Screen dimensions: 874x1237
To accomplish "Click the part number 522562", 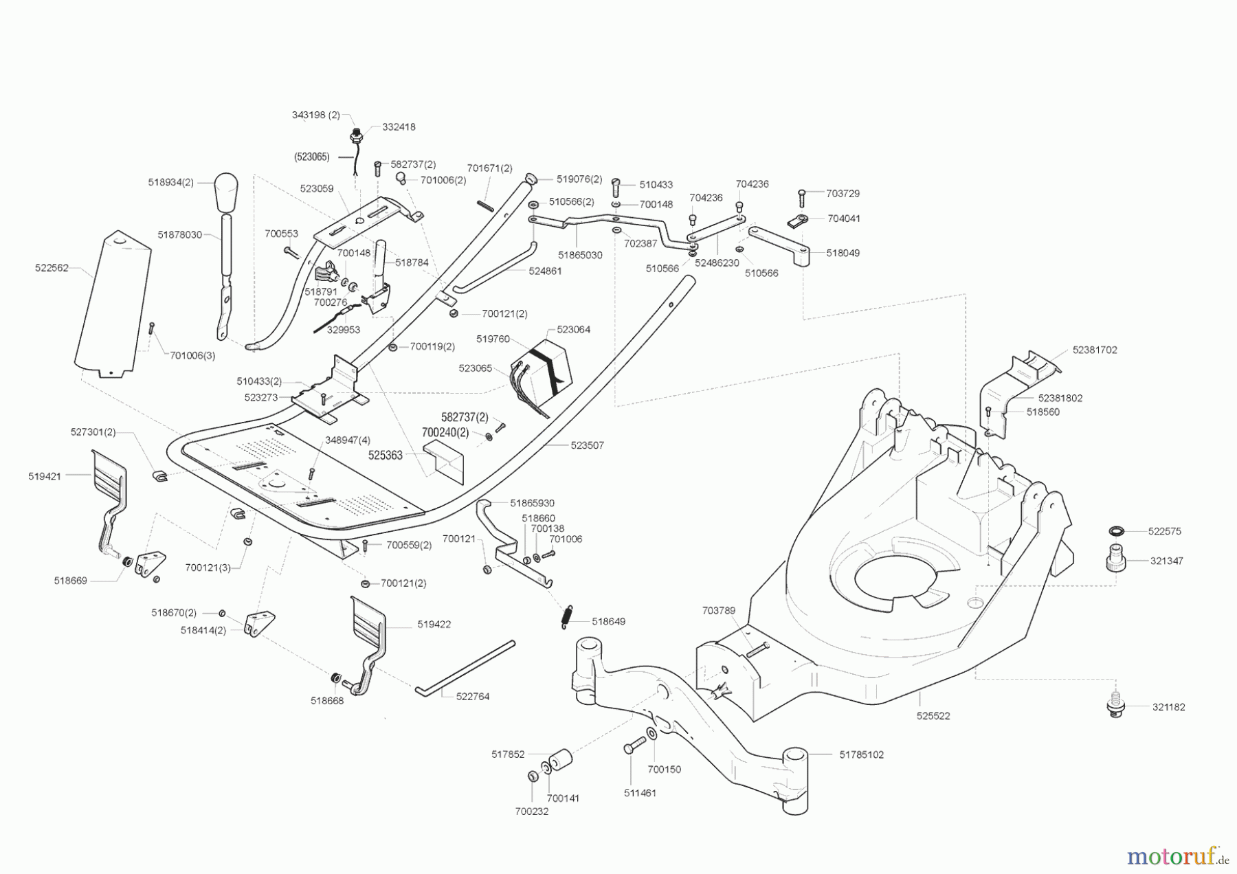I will [52, 268].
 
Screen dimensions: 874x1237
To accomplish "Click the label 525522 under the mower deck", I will [933, 715].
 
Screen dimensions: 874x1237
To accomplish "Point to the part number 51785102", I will [861, 754].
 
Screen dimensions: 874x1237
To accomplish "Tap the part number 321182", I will [1168, 706].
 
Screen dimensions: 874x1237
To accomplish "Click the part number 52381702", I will [1095, 350].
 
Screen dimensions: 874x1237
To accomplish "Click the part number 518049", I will [843, 253].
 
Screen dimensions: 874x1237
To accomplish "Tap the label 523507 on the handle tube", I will [587, 445].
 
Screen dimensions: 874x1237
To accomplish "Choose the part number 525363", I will [385, 455].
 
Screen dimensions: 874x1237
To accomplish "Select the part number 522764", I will [473, 696].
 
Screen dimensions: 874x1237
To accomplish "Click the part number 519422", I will [434, 625].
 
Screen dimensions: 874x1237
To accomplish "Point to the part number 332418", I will [399, 127].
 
